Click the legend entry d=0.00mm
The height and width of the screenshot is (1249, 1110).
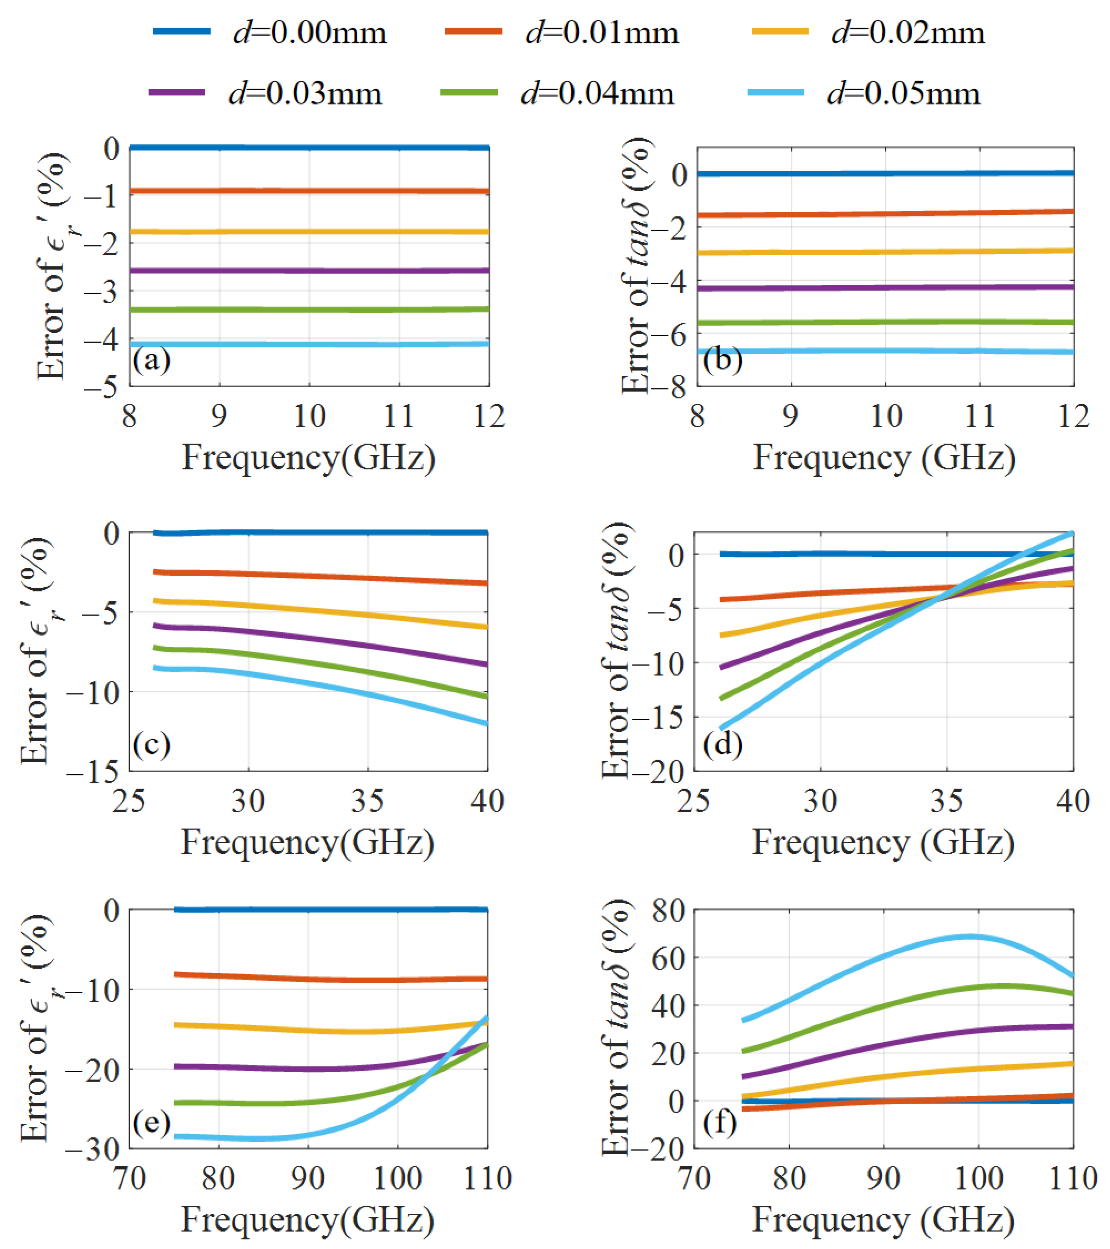[x=269, y=32]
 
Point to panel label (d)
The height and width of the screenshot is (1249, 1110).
[x=723, y=744]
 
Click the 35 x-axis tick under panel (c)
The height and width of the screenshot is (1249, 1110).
[x=367, y=801]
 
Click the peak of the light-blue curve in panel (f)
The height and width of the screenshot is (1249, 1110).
[x=969, y=936]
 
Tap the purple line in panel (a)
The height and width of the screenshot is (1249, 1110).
[x=309, y=270]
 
